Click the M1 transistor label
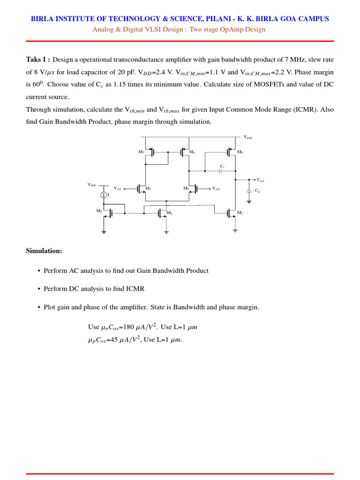click(x=148, y=188)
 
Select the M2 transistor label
click(x=186, y=188)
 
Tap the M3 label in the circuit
click(x=141, y=152)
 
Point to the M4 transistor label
click(x=192, y=152)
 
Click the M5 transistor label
click(x=169, y=214)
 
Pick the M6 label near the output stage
click(x=240, y=152)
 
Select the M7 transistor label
click(x=240, y=213)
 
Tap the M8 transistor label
click(x=99, y=211)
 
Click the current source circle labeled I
click(x=105, y=195)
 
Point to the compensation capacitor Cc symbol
click(x=220, y=171)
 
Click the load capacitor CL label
click(x=258, y=191)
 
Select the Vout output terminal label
click(x=260, y=180)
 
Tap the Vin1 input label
click(x=118, y=188)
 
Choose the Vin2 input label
click(x=216, y=188)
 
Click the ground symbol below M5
click(x=166, y=232)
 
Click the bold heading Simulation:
click(x=44, y=251)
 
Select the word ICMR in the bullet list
click(x=136, y=289)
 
